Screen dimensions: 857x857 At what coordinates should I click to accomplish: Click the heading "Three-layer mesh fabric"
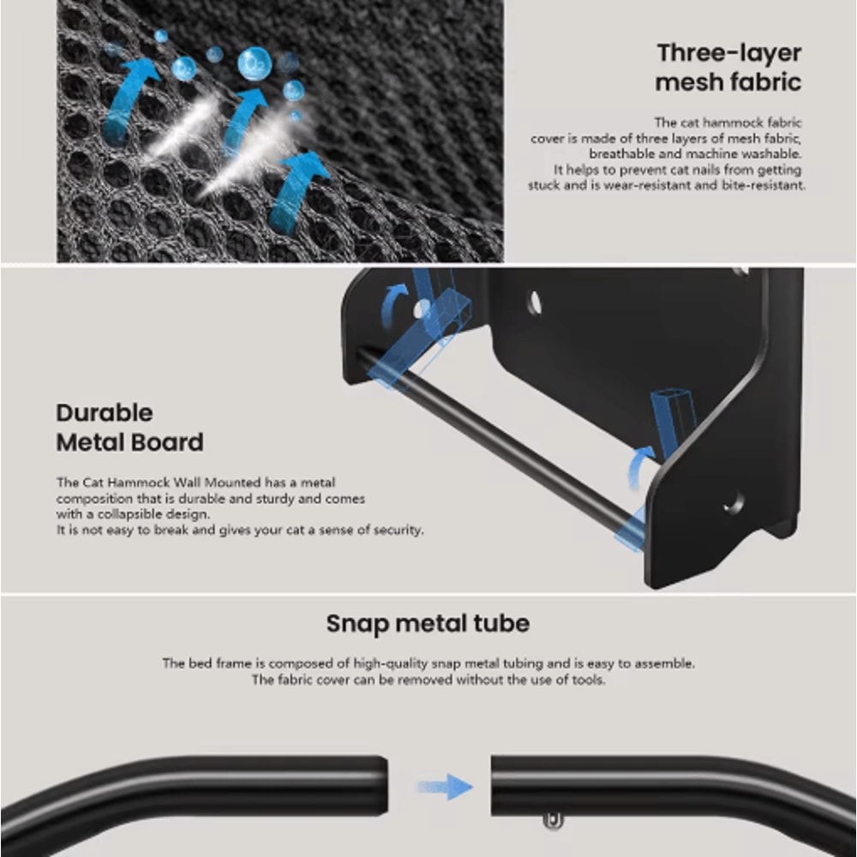[728, 68]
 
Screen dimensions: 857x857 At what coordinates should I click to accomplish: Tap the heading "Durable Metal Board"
[129, 428]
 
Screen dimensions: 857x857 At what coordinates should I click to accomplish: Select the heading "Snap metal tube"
[428, 624]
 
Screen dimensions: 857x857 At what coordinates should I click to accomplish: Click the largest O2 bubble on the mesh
[255, 64]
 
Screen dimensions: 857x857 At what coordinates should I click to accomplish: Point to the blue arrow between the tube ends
[446, 787]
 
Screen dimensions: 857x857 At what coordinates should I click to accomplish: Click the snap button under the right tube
[553, 821]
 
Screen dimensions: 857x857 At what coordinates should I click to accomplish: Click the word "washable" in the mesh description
[769, 154]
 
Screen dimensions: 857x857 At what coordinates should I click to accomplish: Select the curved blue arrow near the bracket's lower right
[639, 465]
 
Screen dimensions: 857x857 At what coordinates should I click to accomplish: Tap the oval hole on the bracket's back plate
[534, 303]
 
